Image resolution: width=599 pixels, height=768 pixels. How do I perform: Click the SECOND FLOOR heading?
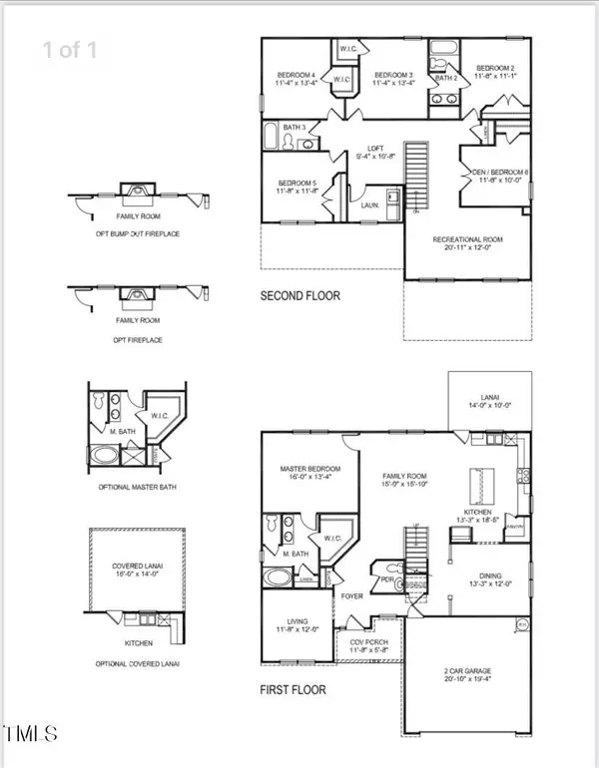(x=300, y=296)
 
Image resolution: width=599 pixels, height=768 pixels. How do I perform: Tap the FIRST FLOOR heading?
(x=293, y=689)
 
